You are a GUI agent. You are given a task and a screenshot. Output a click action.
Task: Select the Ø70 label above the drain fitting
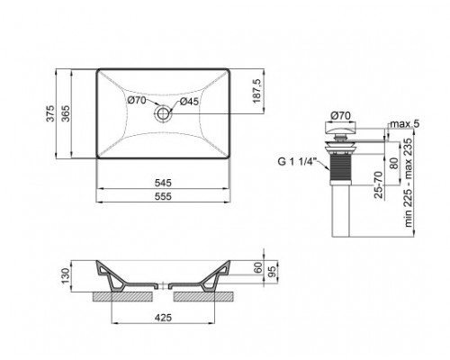[340, 114]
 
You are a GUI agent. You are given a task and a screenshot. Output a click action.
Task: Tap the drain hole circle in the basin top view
[163, 113]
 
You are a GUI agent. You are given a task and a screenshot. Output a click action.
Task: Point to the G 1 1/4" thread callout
[296, 163]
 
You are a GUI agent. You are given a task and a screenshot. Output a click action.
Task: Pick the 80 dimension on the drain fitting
[393, 163]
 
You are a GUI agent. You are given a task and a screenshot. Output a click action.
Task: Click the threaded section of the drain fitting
[340, 166]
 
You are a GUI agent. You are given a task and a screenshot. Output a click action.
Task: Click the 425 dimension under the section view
[163, 317]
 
